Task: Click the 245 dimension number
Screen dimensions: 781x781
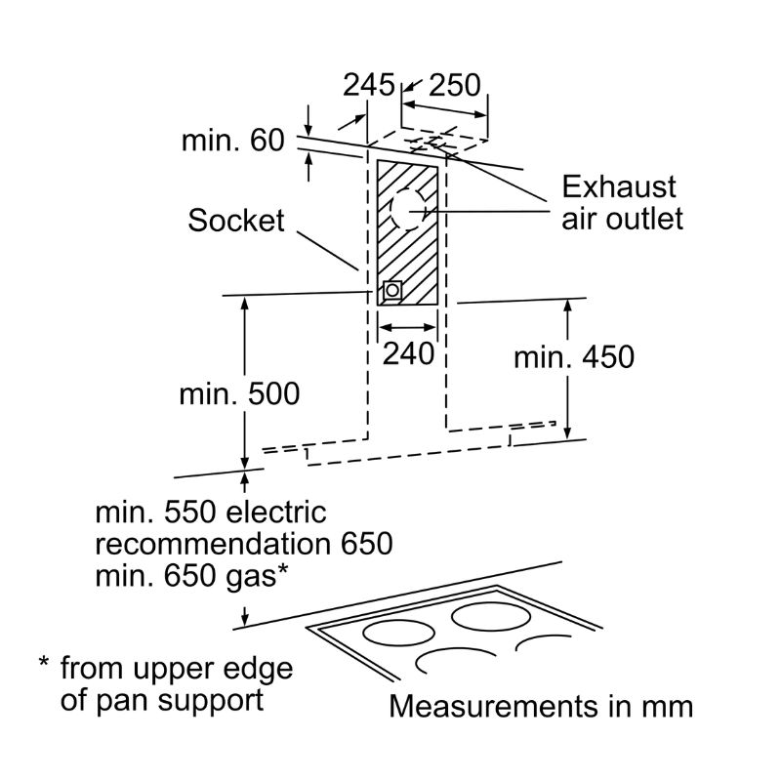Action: click(369, 85)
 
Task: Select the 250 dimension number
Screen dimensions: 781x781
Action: click(455, 85)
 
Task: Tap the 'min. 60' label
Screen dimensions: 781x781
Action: click(233, 140)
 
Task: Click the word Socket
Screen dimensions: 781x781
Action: click(236, 221)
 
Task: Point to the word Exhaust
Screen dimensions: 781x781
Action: click(619, 187)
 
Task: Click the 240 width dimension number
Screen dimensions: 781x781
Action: click(408, 353)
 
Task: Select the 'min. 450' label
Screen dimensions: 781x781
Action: click(574, 357)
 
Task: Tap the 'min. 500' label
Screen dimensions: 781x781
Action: click(239, 394)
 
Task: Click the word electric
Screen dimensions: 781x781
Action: click(276, 512)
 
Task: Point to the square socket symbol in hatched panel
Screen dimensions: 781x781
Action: click(392, 290)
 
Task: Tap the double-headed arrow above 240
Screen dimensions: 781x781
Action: click(407, 327)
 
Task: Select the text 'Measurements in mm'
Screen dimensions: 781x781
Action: click(541, 706)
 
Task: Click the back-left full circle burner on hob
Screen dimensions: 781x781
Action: click(398, 634)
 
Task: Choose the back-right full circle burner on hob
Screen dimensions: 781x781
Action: click(491, 618)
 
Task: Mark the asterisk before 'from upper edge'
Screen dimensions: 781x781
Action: click(44, 663)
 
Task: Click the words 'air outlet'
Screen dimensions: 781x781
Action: click(622, 219)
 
